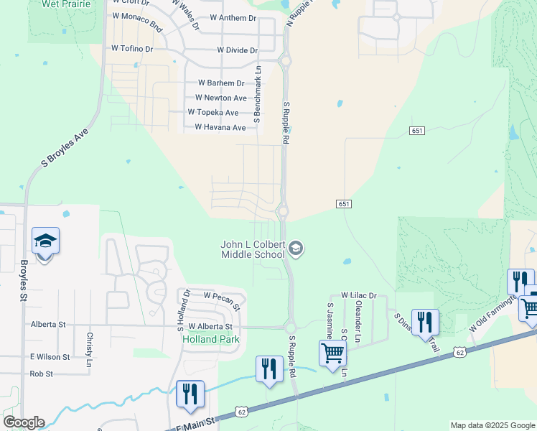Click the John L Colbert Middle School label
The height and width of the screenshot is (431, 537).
tap(252, 250)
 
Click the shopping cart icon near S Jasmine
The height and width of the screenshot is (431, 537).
tap(333, 353)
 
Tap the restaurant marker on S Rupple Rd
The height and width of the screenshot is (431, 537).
tap(269, 369)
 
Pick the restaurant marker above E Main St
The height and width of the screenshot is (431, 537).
tap(190, 394)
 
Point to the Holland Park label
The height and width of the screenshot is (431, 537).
tap(210, 339)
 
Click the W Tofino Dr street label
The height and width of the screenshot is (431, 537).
tap(132, 49)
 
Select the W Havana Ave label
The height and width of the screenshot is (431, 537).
tap(220, 128)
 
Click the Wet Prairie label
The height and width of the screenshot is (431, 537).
tap(67, 4)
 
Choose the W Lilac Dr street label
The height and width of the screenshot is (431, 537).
tap(359, 295)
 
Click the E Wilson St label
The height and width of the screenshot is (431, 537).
tap(50, 356)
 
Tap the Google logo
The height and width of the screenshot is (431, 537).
tap(24, 422)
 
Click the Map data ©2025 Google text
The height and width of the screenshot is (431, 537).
tap(492, 425)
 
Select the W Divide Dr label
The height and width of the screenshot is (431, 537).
tap(237, 50)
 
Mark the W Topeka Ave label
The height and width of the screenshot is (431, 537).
tap(213, 113)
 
